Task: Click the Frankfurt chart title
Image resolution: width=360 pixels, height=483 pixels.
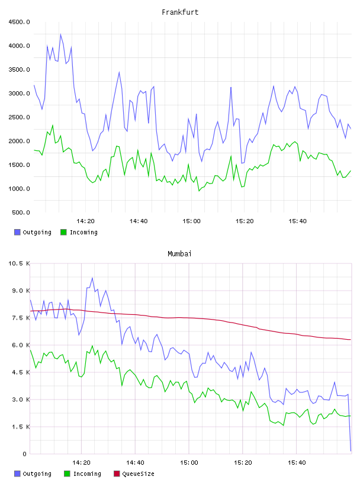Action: click(180, 12)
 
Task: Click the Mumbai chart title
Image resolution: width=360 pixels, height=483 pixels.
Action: click(179, 254)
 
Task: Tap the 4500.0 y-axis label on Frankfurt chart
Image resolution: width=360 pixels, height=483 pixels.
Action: click(19, 22)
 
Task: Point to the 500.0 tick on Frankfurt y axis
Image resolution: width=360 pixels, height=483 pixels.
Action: click(21, 212)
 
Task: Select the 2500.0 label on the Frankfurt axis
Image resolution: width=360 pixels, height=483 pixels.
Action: click(19, 117)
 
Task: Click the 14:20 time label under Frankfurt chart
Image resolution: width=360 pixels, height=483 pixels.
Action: click(85, 221)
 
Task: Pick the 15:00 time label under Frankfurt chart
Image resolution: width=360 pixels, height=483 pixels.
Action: click(191, 221)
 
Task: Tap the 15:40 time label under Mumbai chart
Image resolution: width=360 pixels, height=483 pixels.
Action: click(297, 463)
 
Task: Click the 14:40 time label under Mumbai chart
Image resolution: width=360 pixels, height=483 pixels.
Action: click(135, 463)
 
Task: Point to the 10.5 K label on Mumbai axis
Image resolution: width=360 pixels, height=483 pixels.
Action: click(19, 263)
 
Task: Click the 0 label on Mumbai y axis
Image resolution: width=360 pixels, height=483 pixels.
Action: click(25, 454)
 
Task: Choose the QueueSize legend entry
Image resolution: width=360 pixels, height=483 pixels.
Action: click(134, 474)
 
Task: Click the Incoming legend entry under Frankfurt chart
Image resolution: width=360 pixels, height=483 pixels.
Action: click(79, 232)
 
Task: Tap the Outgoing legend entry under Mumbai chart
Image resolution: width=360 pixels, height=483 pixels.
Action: click(33, 474)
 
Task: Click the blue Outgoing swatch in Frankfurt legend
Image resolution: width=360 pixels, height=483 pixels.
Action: click(17, 232)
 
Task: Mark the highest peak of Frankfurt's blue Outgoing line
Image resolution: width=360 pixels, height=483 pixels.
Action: click(60, 34)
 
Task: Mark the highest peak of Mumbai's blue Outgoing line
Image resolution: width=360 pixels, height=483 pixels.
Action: click(92, 278)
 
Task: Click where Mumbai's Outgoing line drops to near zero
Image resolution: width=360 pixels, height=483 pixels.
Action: click(351, 451)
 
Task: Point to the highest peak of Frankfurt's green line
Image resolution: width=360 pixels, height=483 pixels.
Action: click(53, 125)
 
